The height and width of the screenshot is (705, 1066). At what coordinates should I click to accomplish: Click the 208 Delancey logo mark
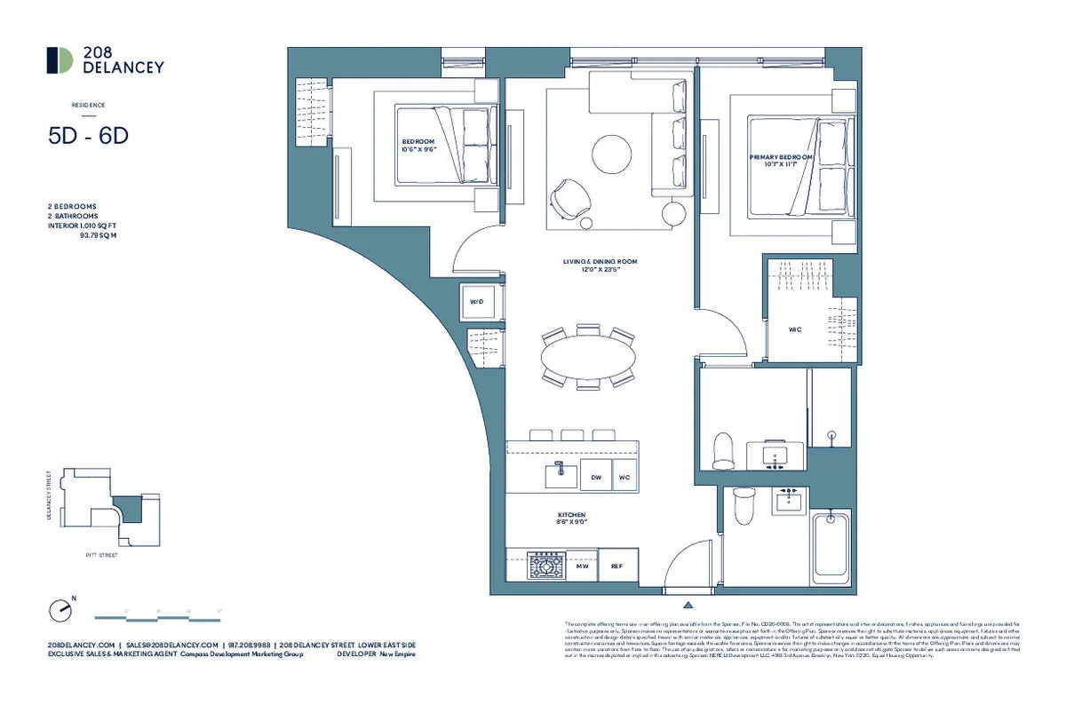click(x=60, y=59)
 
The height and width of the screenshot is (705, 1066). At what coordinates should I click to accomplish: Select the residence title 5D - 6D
click(x=89, y=136)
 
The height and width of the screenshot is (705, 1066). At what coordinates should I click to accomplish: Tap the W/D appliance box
click(x=477, y=303)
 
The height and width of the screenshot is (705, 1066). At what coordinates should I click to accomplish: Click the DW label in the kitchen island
click(x=597, y=477)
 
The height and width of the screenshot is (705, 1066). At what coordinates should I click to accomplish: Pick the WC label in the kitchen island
click(x=624, y=477)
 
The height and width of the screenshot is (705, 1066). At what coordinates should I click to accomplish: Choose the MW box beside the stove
click(x=582, y=566)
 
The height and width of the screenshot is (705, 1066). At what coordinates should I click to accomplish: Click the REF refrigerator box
click(x=616, y=566)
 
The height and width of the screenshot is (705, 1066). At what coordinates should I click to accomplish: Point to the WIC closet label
click(x=795, y=329)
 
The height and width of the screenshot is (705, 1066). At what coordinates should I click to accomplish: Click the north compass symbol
click(x=60, y=610)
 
